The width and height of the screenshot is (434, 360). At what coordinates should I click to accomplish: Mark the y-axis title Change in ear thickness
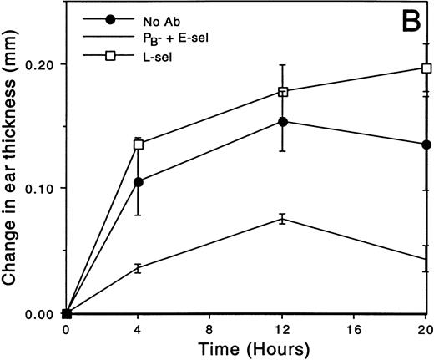(12, 167)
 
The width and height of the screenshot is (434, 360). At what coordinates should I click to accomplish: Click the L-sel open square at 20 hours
(426, 68)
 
